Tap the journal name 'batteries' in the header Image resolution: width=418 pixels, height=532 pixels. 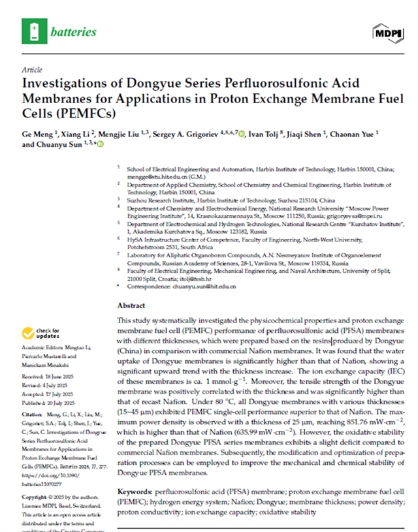pos(73,31)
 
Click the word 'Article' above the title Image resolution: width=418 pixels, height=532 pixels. pos(32,69)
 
